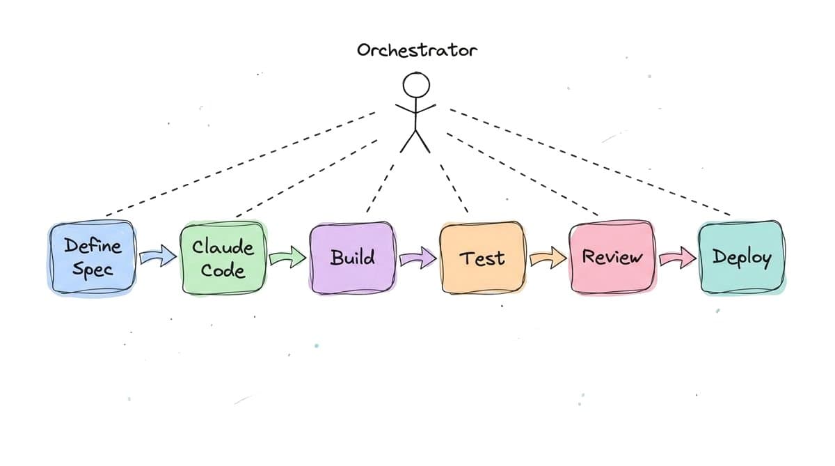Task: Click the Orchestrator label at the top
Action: [417, 51]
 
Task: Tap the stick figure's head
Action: [416, 86]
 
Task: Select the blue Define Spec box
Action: [92, 258]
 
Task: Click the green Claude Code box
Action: [223, 258]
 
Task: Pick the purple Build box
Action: [352, 258]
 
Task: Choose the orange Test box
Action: [482, 258]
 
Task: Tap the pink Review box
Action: [612, 258]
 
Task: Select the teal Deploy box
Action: [742, 258]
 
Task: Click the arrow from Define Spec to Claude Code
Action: [158, 258]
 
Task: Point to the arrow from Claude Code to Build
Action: [287, 258]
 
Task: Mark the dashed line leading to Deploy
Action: [591, 162]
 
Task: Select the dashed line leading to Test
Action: [453, 185]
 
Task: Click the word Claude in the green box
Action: [223, 247]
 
